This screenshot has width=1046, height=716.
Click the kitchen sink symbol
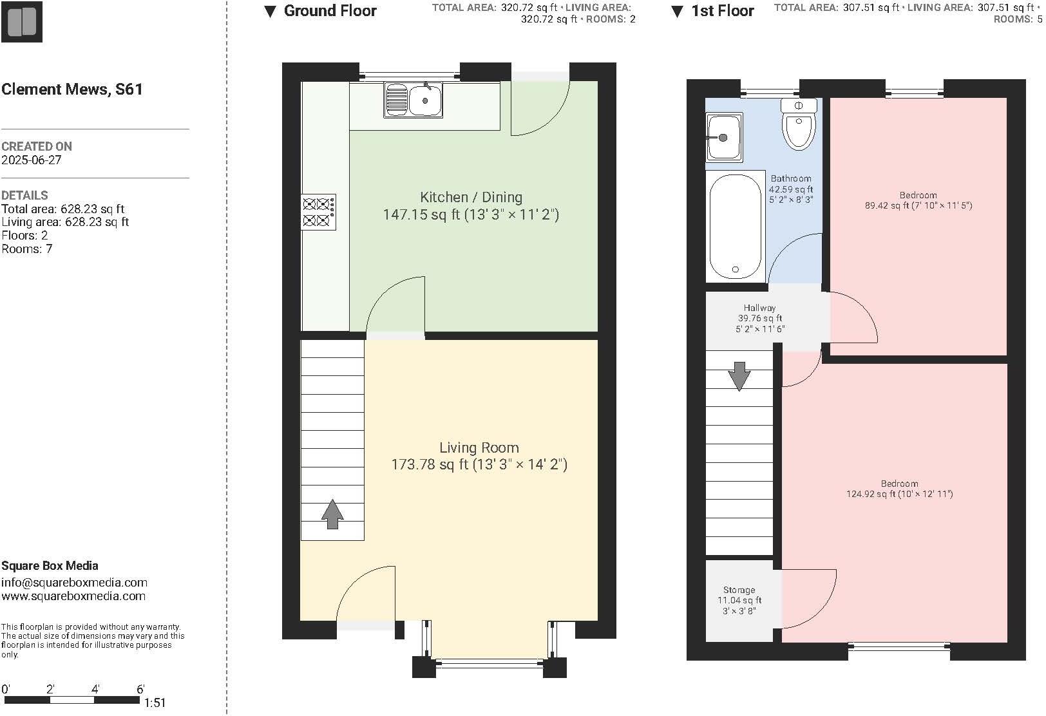click(413, 100)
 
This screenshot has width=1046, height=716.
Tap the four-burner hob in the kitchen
click(318, 212)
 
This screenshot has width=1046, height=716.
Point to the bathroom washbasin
click(724, 137)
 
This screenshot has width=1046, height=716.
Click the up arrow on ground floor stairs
click(332, 514)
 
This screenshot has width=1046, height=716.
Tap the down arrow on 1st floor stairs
click(739, 376)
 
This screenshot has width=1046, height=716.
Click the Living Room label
click(479, 447)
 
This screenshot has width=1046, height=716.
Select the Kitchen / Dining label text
click(471, 198)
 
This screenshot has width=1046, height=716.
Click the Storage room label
click(739, 590)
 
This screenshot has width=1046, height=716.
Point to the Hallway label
click(759, 308)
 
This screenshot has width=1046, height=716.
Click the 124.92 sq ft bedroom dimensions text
click(899, 495)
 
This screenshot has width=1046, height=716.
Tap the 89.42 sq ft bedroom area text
click(918, 206)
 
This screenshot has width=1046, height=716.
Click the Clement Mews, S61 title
click(72, 89)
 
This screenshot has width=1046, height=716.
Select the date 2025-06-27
click(32, 160)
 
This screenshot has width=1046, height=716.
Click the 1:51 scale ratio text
click(155, 703)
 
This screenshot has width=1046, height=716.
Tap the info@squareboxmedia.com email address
click(74, 583)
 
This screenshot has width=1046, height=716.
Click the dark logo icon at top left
click(21, 21)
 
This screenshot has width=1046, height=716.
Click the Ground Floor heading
click(330, 11)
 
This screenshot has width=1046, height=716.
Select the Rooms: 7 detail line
click(27, 249)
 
